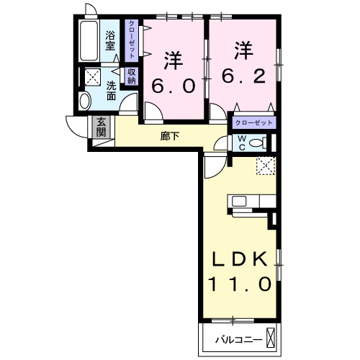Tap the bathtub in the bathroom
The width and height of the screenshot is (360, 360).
coord(90,42)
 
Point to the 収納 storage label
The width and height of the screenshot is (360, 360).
coord(132,76)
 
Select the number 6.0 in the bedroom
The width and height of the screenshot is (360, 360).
coord(174,86)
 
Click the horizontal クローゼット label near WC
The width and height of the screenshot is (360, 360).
coord(253,123)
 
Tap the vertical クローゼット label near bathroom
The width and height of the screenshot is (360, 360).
coord(132,42)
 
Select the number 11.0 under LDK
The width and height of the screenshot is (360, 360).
coord(240,284)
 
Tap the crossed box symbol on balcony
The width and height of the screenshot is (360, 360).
coord(271,337)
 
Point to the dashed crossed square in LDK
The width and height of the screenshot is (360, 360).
coord(265,165)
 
